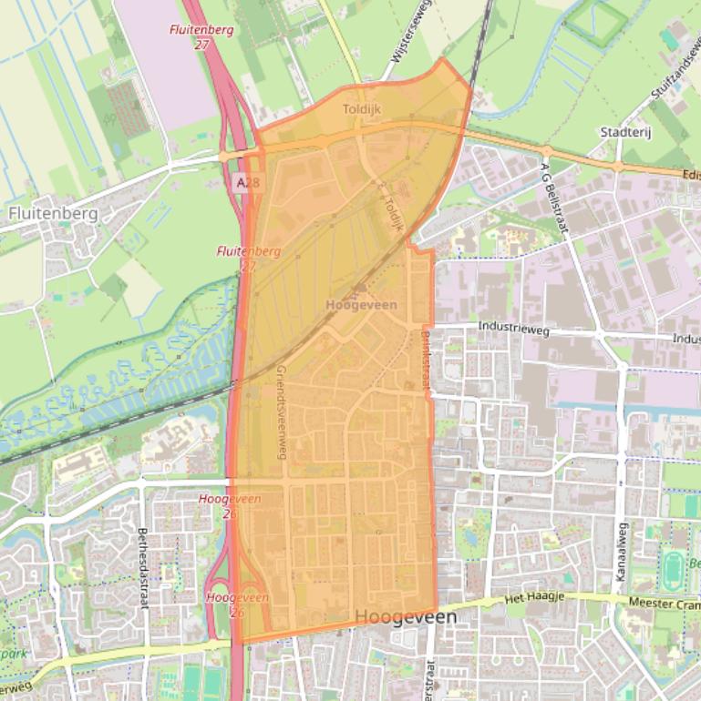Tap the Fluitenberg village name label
tap(53, 213)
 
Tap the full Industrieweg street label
tap(514, 329)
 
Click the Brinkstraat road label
tap(425, 360)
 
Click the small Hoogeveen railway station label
tap(362, 305)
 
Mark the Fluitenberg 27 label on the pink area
tap(201, 36)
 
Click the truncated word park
tap(13, 654)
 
